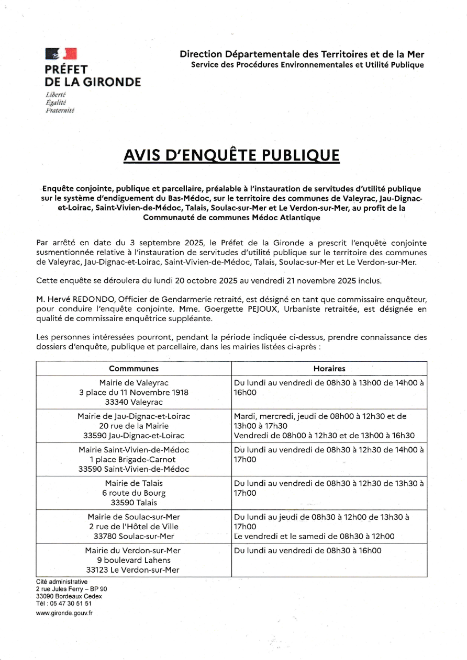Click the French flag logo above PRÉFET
tap(61, 53)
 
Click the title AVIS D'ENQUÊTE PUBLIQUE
tap(231, 155)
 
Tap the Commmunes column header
tap(134, 369)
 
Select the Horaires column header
tap(329, 369)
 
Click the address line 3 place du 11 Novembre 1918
tap(134, 392)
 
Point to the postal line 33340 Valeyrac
tap(134, 402)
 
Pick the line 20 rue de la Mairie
tap(134, 426)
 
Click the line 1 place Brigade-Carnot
tap(134, 460)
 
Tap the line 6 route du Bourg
tap(134, 493)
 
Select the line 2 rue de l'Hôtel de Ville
tap(134, 527)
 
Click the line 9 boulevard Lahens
tap(134, 560)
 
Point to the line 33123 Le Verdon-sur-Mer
tap(134, 570)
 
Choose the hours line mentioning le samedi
tap(314, 537)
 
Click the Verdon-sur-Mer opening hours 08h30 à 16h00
tap(308, 551)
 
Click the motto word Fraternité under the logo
tap(60, 111)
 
